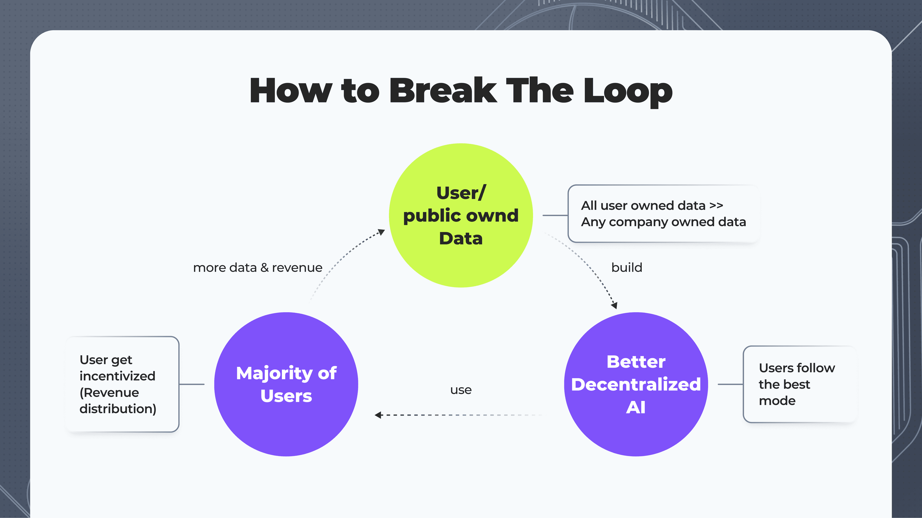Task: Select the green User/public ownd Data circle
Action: pyautogui.click(x=461, y=215)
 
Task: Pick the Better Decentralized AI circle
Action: pyautogui.click(x=636, y=384)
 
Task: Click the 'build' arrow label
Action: pyautogui.click(x=627, y=267)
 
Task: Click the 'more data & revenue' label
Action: pyautogui.click(x=258, y=268)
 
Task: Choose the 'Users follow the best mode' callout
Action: pyautogui.click(x=800, y=384)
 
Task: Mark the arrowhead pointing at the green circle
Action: pyautogui.click(x=382, y=232)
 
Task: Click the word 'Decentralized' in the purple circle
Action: pyautogui.click(x=636, y=384)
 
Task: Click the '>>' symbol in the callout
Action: pyautogui.click(x=716, y=206)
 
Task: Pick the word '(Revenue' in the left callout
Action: pyautogui.click(x=109, y=393)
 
